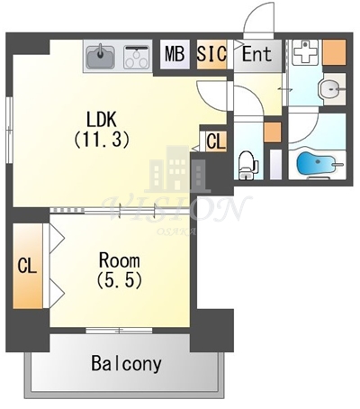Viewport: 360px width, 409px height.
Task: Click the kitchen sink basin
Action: pos(100,56)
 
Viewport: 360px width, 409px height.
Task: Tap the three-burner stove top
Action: pos(137,57)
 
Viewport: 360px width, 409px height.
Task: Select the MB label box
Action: pos(175,55)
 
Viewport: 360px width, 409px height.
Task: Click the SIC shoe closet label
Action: pos(211,54)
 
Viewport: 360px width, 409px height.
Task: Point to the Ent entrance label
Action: pos(256,54)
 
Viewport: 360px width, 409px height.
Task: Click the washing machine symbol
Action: pos(303,52)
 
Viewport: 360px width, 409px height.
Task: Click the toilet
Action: pos(248,165)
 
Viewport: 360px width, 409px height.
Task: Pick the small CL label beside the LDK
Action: pos(216,141)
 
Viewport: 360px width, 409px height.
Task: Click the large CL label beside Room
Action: pos(27,266)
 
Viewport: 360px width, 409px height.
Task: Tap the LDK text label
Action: pos(101,120)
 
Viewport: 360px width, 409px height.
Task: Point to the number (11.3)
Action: pos(102,141)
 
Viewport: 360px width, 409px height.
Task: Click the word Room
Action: pos(120,260)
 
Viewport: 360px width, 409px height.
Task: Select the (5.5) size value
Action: pos(119,281)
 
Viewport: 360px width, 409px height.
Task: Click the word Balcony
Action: pos(126,364)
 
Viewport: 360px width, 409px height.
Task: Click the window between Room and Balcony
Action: pos(119,331)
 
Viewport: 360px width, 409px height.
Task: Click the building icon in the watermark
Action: pos(177,169)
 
